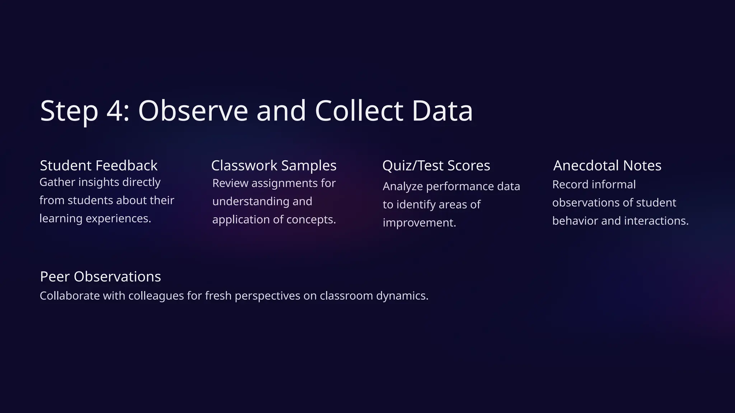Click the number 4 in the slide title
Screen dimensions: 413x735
[x=115, y=111]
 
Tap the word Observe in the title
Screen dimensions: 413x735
[x=193, y=111]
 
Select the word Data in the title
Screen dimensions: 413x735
[x=442, y=111]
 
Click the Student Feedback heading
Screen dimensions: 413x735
[x=99, y=166]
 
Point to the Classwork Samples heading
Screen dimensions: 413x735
[x=274, y=166]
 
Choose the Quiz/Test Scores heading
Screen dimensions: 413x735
[x=436, y=166]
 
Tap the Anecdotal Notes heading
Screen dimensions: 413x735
[x=607, y=166]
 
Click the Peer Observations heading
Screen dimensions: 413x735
[x=100, y=277]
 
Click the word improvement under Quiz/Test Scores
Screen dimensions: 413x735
[x=419, y=223]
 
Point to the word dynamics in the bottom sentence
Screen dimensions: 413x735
[x=402, y=296]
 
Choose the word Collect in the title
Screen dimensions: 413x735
[x=359, y=111]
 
